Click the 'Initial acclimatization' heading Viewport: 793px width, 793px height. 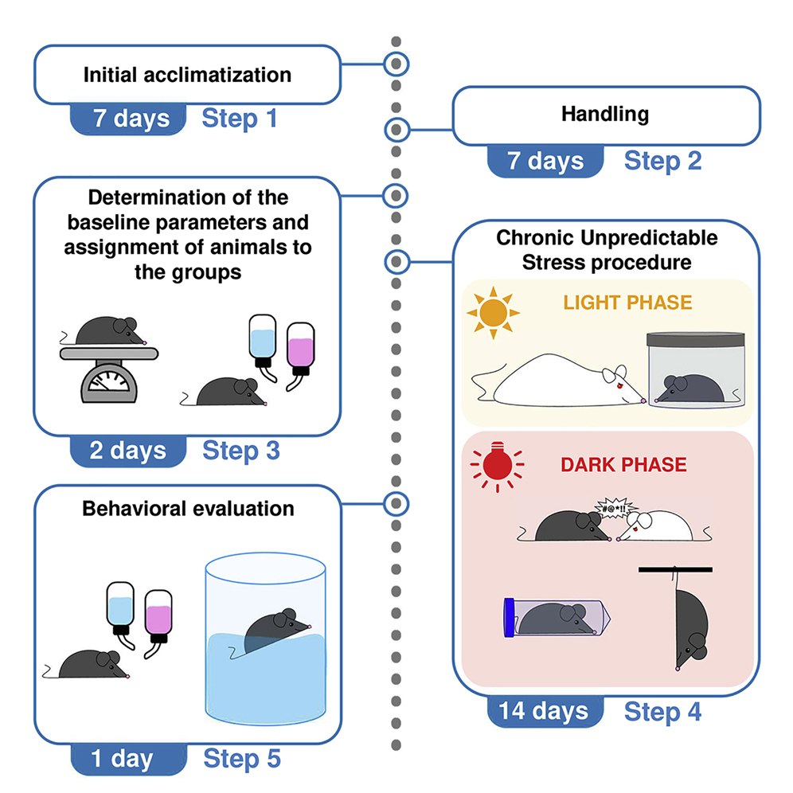tap(187, 76)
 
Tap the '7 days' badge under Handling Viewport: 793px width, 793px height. tap(545, 161)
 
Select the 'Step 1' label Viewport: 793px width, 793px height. tap(240, 119)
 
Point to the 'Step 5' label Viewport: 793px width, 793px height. tap(242, 758)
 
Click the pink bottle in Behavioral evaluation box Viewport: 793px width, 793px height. tap(158, 618)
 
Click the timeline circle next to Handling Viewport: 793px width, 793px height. tap(396, 128)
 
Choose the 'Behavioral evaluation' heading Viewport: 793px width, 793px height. tap(188, 508)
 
